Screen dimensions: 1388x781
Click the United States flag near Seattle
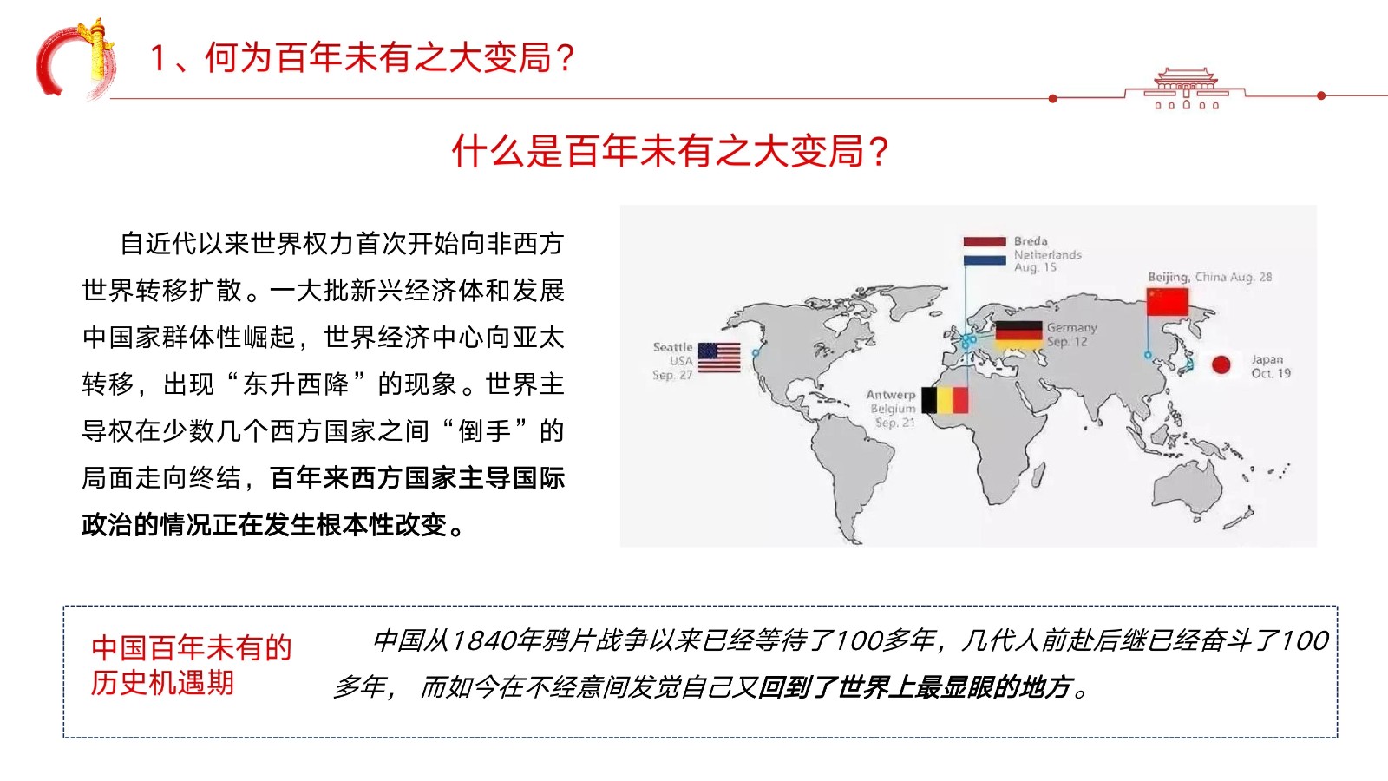pyautogui.click(x=719, y=358)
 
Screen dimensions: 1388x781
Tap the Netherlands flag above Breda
pyautogui.click(x=985, y=251)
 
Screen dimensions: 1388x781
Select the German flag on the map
pyautogui.click(x=1018, y=335)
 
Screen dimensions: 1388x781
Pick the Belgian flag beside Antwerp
pyautogui.click(x=945, y=400)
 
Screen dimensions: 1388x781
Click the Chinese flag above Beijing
pyautogui.click(x=1168, y=301)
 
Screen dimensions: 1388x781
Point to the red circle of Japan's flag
pyautogui.click(x=1221, y=364)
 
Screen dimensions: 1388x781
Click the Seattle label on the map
pyautogui.click(x=672, y=347)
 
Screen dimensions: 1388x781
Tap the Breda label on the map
pyautogui.click(x=1031, y=241)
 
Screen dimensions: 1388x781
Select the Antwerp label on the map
pyautogui.click(x=890, y=395)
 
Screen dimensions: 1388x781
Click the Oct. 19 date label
pyautogui.click(x=1270, y=373)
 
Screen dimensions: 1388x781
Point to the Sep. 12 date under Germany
pyautogui.click(x=1067, y=342)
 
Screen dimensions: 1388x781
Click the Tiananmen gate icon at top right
pyautogui.click(x=1185, y=88)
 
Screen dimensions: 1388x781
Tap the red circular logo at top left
pyautogui.click(x=75, y=60)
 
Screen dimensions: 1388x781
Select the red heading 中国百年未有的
pyautogui.click(x=192, y=647)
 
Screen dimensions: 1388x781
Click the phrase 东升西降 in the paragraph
pyautogui.click(x=296, y=384)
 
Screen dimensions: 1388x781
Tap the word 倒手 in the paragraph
pyautogui.click(x=485, y=430)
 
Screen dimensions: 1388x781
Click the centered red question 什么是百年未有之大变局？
pyautogui.click(x=671, y=151)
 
